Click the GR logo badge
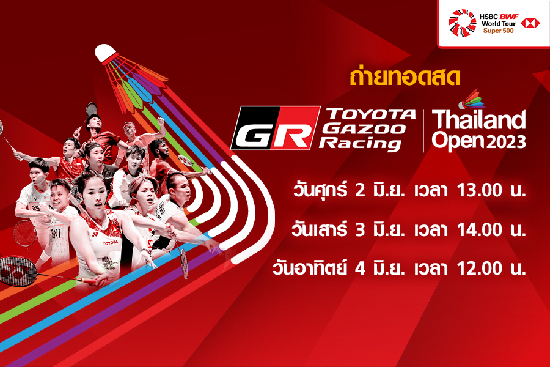pos(276,128)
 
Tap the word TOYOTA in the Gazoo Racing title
pos(371,114)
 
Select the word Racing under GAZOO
pos(360,144)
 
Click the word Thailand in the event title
pos(479,120)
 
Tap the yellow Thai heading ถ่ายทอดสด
pos(405,77)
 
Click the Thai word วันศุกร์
pos(320,190)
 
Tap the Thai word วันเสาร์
pos(320,229)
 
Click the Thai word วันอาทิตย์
pos(310,268)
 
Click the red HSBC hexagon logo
pos(530,23)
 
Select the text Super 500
pos(498,31)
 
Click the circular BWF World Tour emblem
pos(463,23)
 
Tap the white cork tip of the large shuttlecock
pos(105,53)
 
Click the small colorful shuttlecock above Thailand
pos(471,98)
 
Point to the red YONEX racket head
pos(18,271)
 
